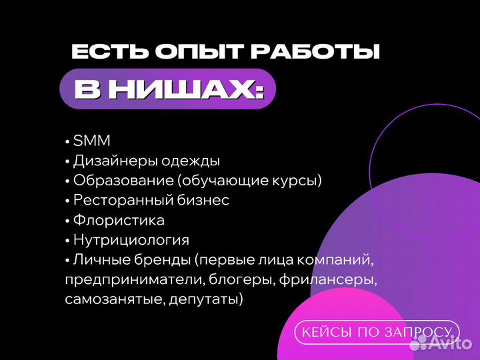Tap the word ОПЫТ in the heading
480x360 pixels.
pos(178,53)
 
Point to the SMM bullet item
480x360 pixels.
pos(91,141)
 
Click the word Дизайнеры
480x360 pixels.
pos(112,161)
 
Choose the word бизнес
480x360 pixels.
pos(205,201)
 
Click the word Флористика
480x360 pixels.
pos(119,220)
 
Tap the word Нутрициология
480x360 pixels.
pos(131,240)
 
